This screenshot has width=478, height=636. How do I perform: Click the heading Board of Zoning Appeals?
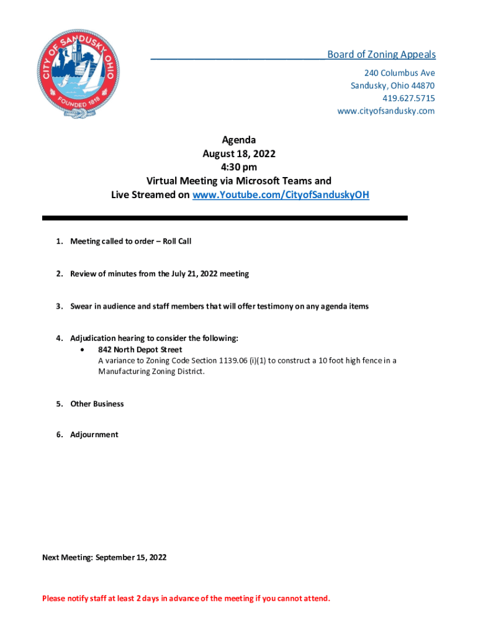pos(381,55)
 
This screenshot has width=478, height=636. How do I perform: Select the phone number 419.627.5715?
pos(408,98)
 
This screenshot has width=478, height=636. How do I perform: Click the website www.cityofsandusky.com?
pos(386,111)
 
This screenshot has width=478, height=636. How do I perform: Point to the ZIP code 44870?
pos(422,86)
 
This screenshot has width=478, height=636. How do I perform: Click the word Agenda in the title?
pos(238,140)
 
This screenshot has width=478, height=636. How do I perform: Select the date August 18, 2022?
pos(238,154)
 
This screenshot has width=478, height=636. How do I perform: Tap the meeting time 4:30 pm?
pos(238,168)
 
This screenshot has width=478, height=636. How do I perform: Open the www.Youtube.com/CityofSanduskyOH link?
pos(281,195)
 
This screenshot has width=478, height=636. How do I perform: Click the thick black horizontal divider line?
pos(225,218)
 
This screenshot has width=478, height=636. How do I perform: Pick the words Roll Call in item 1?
pos(177,241)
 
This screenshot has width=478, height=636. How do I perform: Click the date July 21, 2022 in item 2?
pos(187,274)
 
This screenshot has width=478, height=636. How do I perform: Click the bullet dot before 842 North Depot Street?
pos(83,350)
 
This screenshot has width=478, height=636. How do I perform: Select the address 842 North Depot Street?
pos(140,350)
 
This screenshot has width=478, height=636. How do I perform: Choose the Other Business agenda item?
pos(97,404)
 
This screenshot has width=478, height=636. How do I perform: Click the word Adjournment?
pos(94,435)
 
